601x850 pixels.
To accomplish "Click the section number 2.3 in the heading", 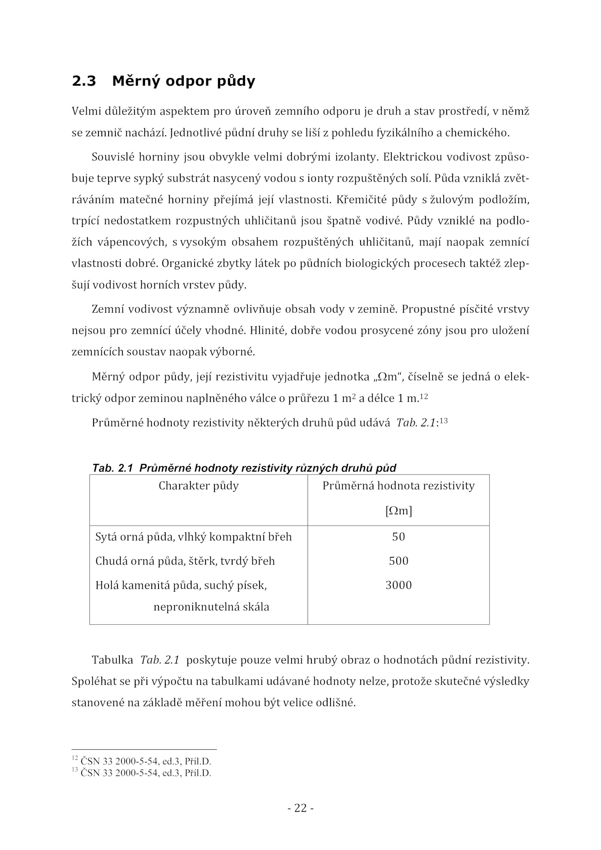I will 84,81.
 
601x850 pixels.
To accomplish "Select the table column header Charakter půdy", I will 198,486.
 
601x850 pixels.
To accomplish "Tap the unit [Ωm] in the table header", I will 399,511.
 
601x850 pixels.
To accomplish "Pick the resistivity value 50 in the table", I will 399,537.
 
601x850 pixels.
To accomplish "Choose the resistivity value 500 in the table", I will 399,561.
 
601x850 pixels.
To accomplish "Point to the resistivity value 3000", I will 399,585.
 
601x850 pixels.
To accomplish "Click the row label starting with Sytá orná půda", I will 193,537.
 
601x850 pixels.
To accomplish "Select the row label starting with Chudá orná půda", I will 185,561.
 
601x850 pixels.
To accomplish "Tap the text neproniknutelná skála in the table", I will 211,607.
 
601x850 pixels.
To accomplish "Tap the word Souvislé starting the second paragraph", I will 113,157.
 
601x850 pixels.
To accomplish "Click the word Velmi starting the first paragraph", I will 84,112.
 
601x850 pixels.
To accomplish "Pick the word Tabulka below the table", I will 112,660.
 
